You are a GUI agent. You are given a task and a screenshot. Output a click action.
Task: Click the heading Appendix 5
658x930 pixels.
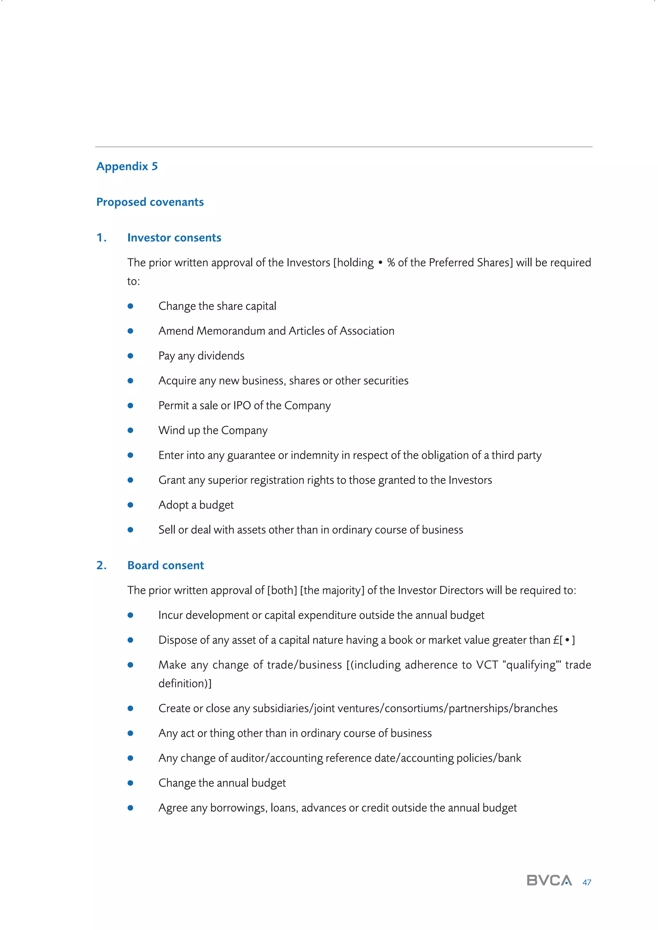pos(127,166)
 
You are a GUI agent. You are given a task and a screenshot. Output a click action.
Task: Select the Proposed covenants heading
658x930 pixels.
pos(150,202)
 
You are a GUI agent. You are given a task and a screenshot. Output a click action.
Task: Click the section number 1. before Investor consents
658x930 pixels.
pos(101,238)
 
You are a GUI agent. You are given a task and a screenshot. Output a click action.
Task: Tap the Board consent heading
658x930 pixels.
pos(165,565)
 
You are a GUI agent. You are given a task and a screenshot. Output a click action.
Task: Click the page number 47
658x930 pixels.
pos(587,882)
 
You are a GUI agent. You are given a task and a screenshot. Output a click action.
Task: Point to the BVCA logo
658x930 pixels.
pos(549,881)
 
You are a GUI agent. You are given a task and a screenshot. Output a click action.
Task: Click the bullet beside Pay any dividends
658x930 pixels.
pos(130,356)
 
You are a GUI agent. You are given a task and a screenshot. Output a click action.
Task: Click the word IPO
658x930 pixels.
pos(242,405)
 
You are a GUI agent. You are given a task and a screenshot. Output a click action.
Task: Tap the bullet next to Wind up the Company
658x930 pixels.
pos(130,430)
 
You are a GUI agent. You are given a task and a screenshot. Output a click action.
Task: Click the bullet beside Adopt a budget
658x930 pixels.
pos(130,505)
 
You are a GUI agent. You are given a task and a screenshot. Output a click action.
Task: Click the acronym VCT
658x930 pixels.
pos(487,665)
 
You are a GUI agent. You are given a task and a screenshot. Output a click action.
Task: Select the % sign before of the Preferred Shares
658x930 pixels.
pos(391,263)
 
